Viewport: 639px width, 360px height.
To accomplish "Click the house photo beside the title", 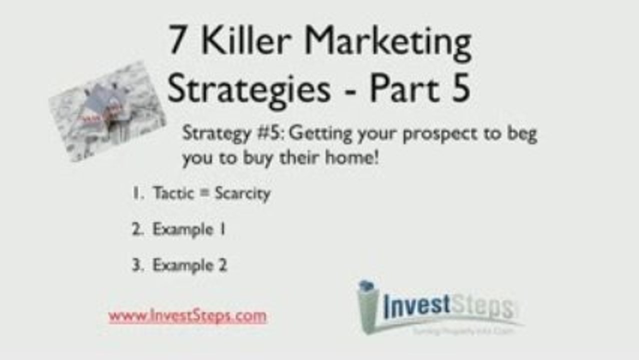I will point(107,111).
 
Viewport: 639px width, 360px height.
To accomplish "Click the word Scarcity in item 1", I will point(242,193).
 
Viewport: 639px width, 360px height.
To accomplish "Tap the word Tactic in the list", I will point(173,193).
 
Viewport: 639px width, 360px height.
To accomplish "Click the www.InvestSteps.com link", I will point(187,316).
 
